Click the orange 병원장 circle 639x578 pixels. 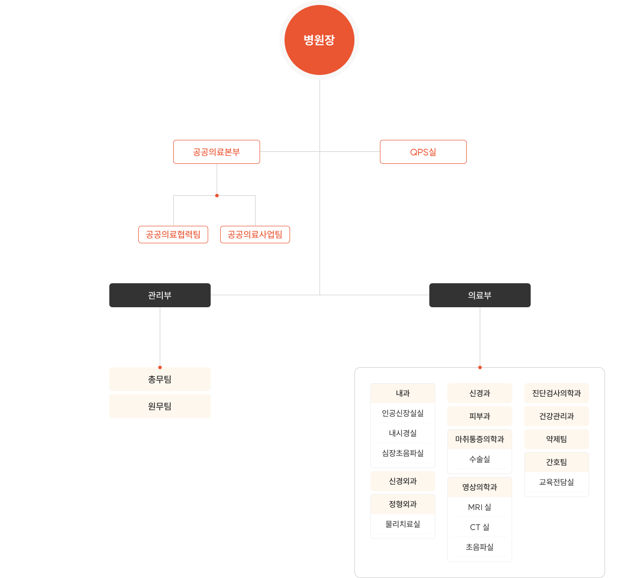pos(319,40)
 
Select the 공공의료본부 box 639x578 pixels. pos(217,152)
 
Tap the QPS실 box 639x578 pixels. pos(423,152)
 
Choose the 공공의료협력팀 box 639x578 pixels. pos(173,234)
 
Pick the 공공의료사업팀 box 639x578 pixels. pos(255,234)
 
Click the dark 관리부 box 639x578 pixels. pos(160,295)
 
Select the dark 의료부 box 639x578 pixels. pos(480,295)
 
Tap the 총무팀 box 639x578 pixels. pos(160,379)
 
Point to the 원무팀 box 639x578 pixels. pos(160,406)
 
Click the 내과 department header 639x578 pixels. pos(403,393)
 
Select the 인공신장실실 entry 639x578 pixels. pos(403,413)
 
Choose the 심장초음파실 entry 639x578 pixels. pos(403,453)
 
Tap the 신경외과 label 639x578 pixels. pos(403,481)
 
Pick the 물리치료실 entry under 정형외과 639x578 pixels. pos(403,524)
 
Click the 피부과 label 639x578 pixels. pos(480,416)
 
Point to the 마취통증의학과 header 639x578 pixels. pos(480,439)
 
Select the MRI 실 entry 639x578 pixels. pos(480,507)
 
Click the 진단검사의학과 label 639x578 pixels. pos(557,393)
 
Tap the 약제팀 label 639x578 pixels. pos(557,439)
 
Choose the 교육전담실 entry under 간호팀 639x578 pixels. pos(557,482)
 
